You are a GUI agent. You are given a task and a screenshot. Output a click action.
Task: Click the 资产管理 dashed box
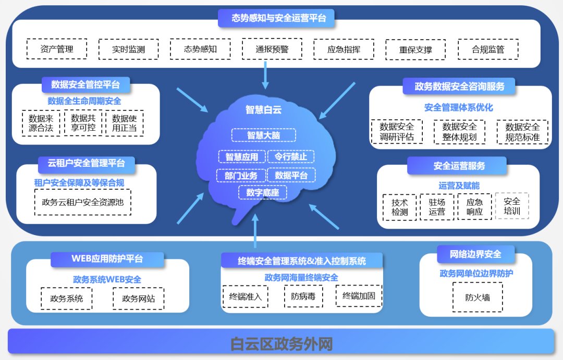(x=56, y=49)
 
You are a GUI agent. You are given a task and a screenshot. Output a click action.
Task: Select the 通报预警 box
(x=272, y=49)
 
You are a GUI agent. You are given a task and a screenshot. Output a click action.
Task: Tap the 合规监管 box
(x=488, y=49)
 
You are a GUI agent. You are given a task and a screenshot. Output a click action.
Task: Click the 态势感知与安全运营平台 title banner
(x=276, y=18)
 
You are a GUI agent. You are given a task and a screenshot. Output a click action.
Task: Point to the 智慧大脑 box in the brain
(x=263, y=135)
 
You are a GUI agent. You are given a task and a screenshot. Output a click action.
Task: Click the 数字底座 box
(x=263, y=193)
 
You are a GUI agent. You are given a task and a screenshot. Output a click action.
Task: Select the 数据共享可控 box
(x=83, y=123)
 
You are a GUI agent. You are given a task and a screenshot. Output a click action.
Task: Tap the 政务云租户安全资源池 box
(x=83, y=202)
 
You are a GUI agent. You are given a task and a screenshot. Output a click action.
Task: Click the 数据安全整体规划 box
(x=459, y=132)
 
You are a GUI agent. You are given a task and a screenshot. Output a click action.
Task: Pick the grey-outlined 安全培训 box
(x=511, y=206)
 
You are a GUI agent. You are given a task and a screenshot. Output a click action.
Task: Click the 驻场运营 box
(x=437, y=207)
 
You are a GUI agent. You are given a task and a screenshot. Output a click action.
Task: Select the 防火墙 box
(x=478, y=297)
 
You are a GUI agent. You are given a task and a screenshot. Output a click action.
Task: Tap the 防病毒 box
(x=303, y=296)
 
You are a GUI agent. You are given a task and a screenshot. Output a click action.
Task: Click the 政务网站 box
(x=138, y=299)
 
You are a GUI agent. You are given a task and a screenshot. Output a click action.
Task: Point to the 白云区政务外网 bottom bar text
(x=281, y=344)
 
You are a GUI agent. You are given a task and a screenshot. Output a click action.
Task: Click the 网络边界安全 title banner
(x=475, y=254)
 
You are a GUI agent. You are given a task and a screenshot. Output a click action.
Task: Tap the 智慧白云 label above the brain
(x=263, y=109)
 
